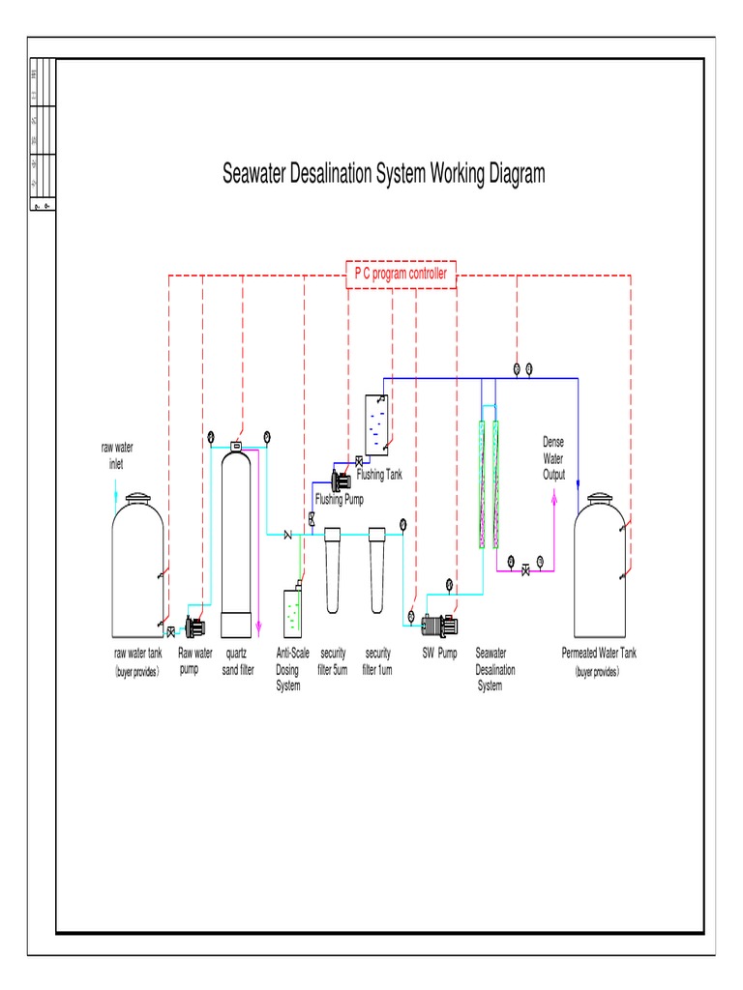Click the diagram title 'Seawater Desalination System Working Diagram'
pyautogui.click(x=384, y=174)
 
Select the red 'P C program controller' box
pyautogui.click(x=400, y=275)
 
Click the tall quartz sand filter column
pyautogui.click(x=237, y=532)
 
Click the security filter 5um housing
pyautogui.click(x=334, y=570)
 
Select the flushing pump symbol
pyautogui.click(x=341, y=480)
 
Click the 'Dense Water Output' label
pyautogui.click(x=553, y=458)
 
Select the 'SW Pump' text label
pyautogui.click(x=439, y=654)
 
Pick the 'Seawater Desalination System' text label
pyautogui.click(x=495, y=670)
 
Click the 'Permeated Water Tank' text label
pyautogui.click(x=599, y=654)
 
